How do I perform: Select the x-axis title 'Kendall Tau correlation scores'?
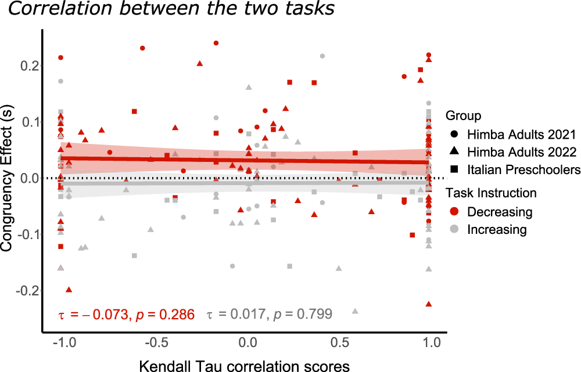(245, 365)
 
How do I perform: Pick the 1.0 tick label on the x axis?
(429, 344)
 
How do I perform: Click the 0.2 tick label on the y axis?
(29, 66)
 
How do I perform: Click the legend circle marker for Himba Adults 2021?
(454, 135)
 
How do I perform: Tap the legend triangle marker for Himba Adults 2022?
(454, 152)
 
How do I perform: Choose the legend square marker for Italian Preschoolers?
(454, 169)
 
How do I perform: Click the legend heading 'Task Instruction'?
(490, 193)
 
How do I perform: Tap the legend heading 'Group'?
(463, 116)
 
